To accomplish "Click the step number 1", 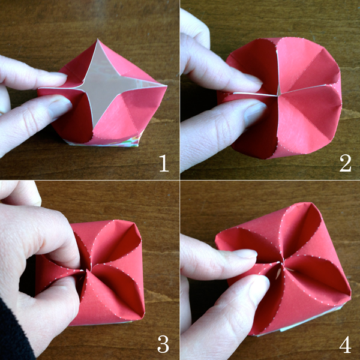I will click(x=163, y=163).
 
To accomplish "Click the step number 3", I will click(x=163, y=344).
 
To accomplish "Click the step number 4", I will click(x=344, y=344).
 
